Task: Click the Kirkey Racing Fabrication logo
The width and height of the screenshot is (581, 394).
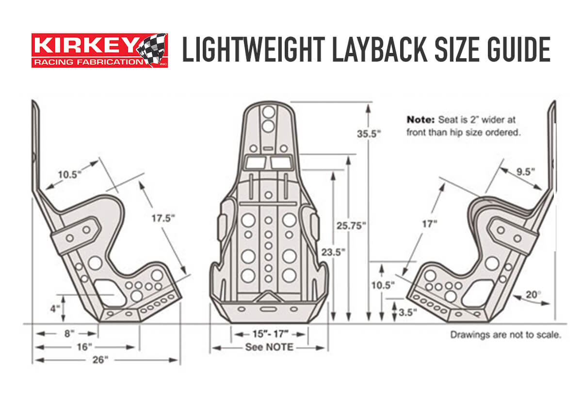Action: (100, 50)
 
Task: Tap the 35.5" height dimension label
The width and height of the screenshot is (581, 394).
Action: (369, 134)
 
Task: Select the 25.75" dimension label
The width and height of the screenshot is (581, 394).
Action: (351, 226)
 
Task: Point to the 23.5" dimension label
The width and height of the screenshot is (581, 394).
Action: (333, 252)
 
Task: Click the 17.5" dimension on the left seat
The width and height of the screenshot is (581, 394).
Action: (163, 218)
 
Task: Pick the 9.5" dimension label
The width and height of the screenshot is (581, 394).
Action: (526, 172)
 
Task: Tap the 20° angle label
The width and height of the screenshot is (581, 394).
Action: (533, 295)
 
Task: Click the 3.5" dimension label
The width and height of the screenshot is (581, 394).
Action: (408, 312)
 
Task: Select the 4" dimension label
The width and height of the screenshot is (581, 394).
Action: (55, 309)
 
